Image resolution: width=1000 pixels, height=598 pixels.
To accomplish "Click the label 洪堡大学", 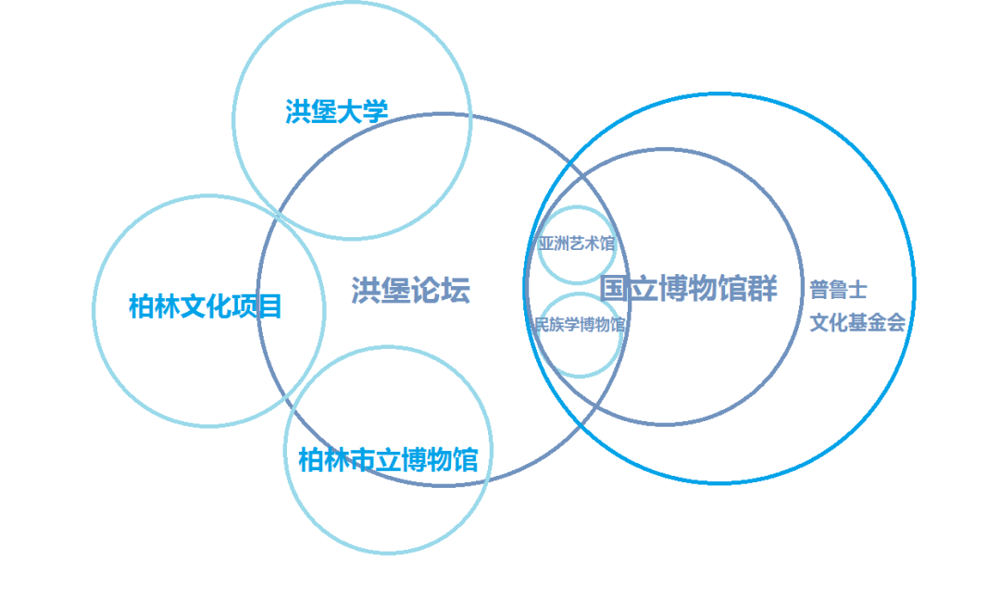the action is click(336, 112).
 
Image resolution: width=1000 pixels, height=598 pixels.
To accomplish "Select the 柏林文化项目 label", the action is click(206, 306).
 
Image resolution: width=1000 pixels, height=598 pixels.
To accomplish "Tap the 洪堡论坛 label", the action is click(410, 291).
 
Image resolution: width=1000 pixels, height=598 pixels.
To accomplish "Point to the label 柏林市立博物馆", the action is click(388, 459).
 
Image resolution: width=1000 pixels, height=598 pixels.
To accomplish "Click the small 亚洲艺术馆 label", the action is click(577, 243).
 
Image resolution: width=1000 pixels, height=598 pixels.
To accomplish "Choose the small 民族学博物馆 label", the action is click(580, 325).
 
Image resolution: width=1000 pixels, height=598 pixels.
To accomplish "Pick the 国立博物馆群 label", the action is click(688, 289).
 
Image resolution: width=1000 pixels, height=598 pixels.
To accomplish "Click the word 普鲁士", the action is click(838, 290).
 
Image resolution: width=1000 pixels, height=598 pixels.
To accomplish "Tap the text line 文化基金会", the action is click(857, 322).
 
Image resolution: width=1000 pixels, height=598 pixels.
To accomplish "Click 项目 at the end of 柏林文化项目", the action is click(263, 306).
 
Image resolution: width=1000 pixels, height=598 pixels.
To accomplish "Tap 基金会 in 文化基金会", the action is click(876, 322).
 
